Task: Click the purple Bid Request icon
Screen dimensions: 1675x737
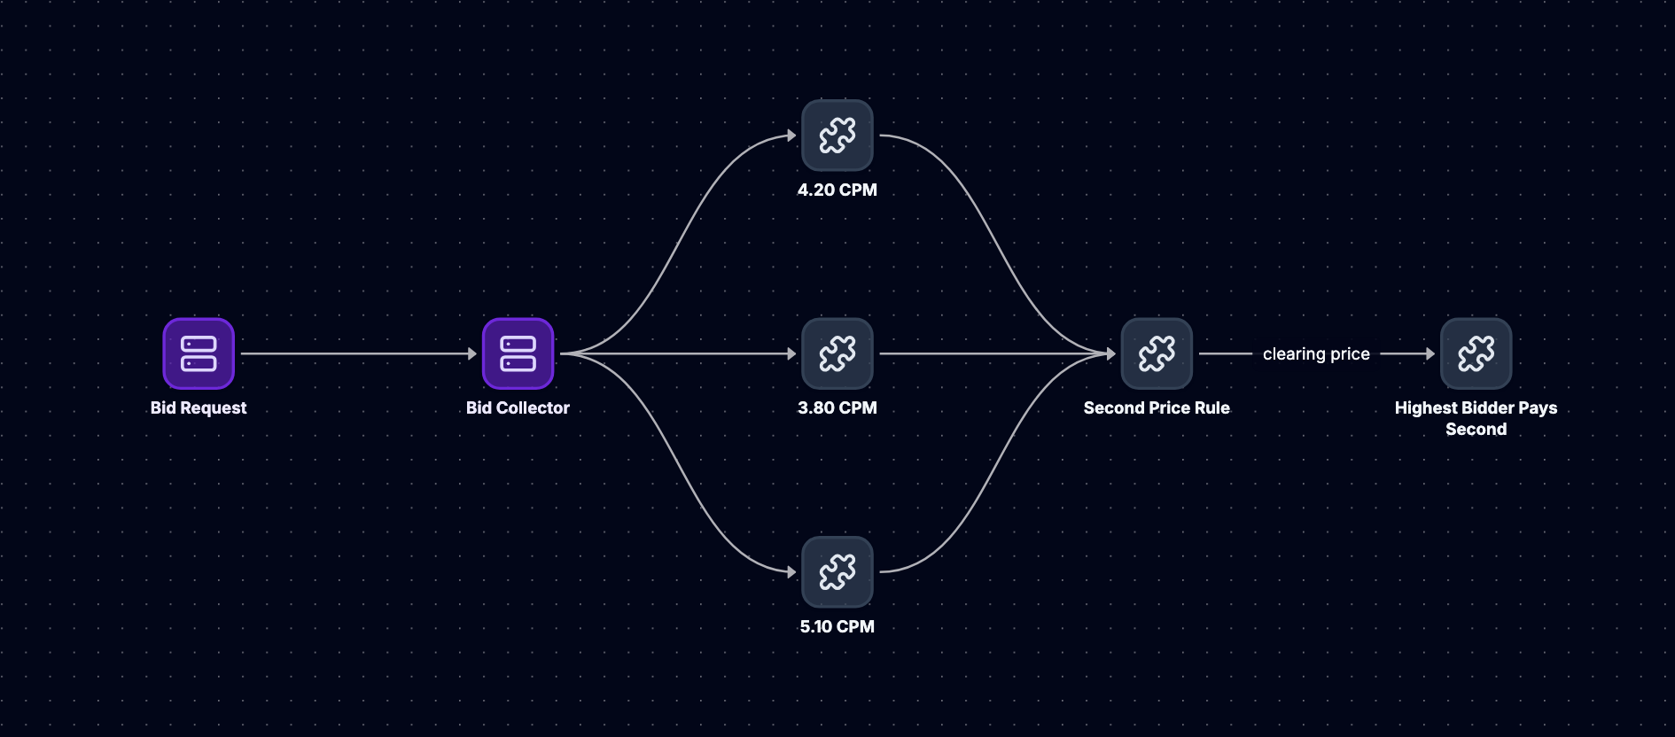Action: pos(199,353)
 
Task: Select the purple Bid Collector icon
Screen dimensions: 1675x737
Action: pos(518,353)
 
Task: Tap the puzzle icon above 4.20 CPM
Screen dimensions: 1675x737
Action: pos(837,136)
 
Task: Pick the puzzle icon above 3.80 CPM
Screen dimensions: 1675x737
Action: pos(837,353)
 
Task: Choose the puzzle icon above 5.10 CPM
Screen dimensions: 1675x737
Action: pos(837,572)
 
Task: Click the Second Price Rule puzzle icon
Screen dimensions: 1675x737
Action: pos(1157,353)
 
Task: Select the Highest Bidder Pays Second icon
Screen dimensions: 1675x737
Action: pos(1476,353)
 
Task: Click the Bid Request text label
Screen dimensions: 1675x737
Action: pos(199,407)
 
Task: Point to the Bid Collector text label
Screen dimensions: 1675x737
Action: pos(518,407)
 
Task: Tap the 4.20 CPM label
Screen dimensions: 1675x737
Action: pos(837,190)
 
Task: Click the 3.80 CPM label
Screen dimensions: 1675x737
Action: pos(837,407)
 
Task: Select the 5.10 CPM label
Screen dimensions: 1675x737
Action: pos(837,626)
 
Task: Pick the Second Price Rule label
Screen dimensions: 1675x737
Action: pos(1157,407)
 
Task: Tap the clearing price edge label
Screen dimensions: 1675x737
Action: pos(1316,354)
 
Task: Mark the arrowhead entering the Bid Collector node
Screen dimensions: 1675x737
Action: pos(472,353)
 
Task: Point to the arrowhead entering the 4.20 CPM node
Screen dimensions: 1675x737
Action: pos(791,136)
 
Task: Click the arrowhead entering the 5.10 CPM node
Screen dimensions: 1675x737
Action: pos(791,572)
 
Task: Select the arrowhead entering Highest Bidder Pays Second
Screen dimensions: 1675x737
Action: pos(1430,353)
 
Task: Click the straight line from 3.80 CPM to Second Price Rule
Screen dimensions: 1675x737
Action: pos(997,353)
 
